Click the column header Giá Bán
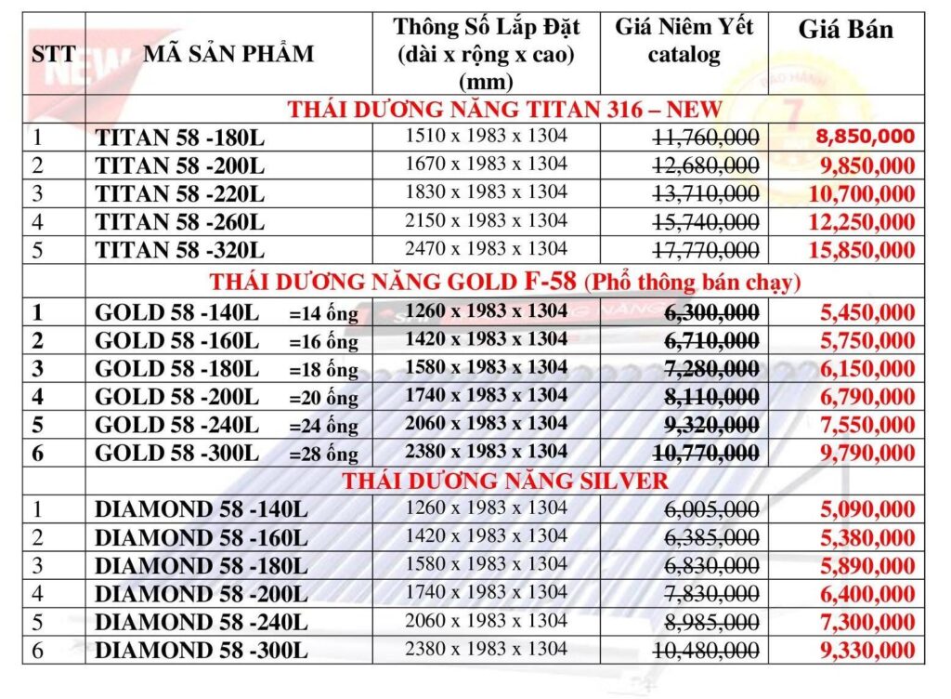pos(845,31)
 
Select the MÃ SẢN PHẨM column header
pos(228,53)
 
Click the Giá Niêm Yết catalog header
pos(684,40)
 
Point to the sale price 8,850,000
pos(866,137)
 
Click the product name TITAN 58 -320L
pos(180,250)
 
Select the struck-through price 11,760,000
pos(706,138)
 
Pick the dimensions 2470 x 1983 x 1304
pos(487,249)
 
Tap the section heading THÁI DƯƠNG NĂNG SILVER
pos(504,481)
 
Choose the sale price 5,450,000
pos(867,312)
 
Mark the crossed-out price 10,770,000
pos(706,454)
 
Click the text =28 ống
pos(323,455)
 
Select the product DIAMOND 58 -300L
pos(201,650)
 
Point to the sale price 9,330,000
pos(867,650)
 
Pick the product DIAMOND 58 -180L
pos(201,565)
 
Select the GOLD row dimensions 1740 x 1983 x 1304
pos(487,396)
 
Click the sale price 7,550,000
pos(867,426)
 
